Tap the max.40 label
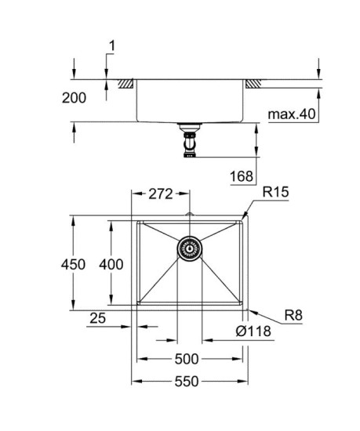(291, 115)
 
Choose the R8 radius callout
(294, 316)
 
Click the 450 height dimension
(73, 265)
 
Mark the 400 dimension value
(111, 265)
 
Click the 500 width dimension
(186, 360)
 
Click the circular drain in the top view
(188, 250)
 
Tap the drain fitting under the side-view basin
(188, 143)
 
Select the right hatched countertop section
(253, 83)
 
